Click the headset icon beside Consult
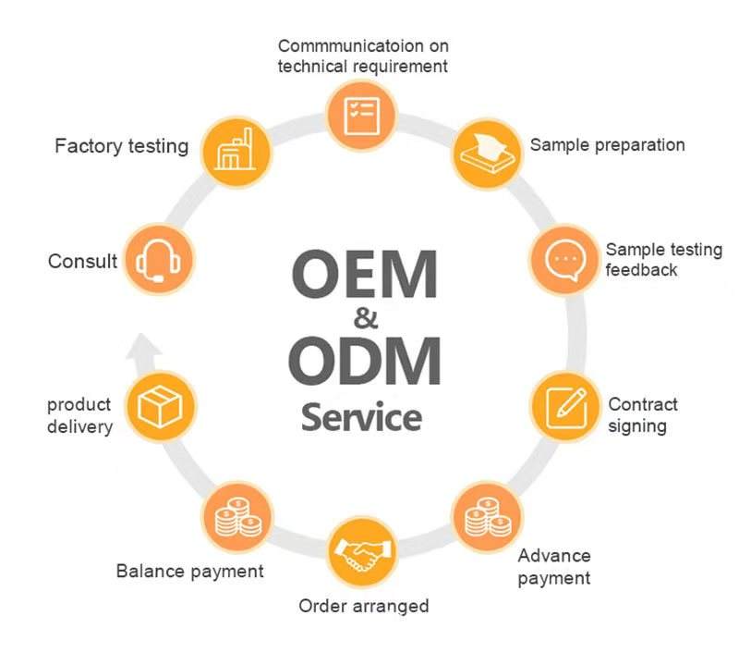pyautogui.click(x=157, y=261)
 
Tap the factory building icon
pyautogui.click(x=232, y=148)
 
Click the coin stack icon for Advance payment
pyautogui.click(x=485, y=515)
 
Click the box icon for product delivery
pyautogui.click(x=161, y=407)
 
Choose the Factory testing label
pyautogui.click(x=121, y=146)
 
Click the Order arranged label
pyautogui.click(x=363, y=606)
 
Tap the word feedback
pyautogui.click(x=641, y=270)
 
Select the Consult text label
pyautogui.click(x=82, y=262)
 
